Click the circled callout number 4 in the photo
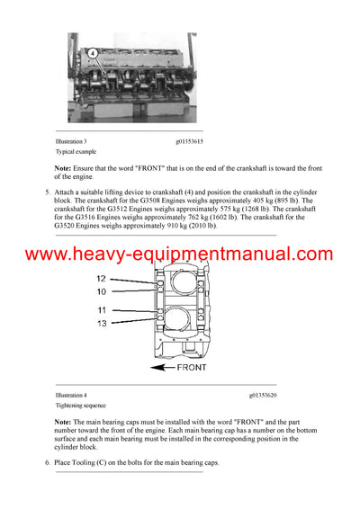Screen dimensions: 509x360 click(93, 53)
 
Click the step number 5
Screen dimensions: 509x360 click(47, 192)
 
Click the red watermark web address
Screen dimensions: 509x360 click(179, 254)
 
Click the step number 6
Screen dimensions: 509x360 click(47, 462)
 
